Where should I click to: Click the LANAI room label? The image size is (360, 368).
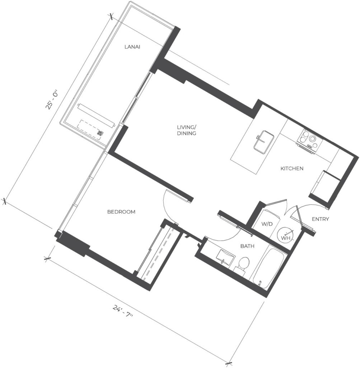(132, 47)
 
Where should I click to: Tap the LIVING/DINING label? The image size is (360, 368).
(187, 130)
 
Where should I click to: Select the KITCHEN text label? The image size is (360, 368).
(292, 169)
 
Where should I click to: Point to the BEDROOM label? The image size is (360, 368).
(121, 212)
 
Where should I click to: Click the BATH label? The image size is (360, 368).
(247, 246)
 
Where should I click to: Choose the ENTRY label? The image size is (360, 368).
(321, 219)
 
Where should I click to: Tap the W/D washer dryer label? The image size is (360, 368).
(267, 224)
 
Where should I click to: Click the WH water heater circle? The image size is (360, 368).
(286, 234)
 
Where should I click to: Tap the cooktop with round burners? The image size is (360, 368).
(309, 140)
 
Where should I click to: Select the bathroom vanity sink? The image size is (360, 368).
(226, 257)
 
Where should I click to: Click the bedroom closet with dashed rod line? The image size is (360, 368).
(160, 253)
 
